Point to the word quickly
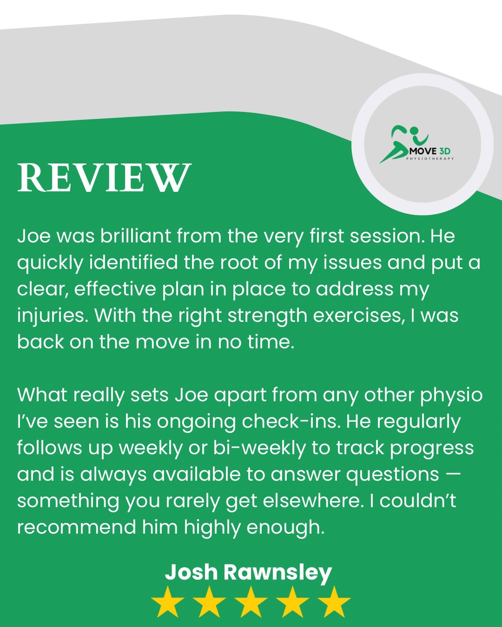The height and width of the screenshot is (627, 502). (50, 263)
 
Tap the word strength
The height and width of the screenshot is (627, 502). (267, 316)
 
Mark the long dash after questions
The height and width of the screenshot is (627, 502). (453, 475)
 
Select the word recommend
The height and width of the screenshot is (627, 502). (76, 527)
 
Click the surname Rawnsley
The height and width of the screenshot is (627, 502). (277, 572)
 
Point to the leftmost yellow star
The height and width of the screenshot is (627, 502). (168, 602)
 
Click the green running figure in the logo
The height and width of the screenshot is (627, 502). (400, 143)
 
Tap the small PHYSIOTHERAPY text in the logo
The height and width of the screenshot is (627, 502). (430, 159)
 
